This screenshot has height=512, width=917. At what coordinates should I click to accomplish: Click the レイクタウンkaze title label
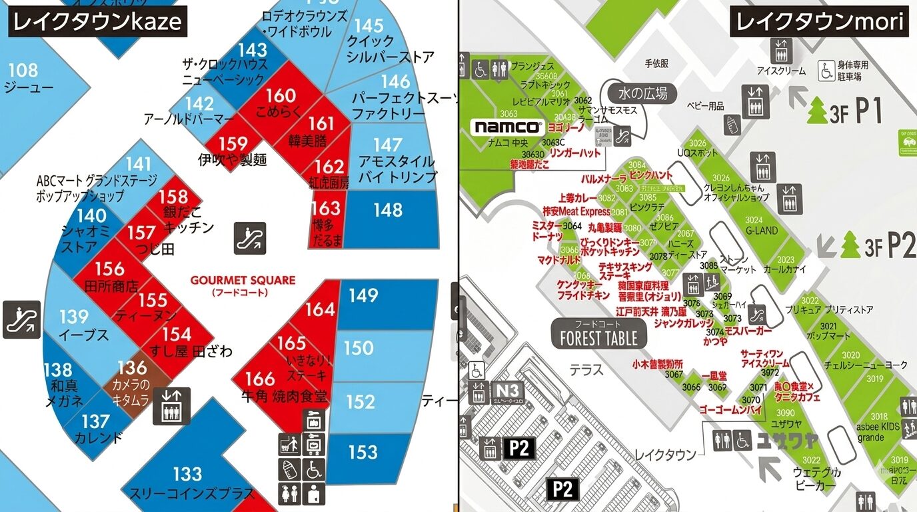click(x=97, y=21)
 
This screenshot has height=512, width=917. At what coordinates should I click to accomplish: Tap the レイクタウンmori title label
click(x=820, y=21)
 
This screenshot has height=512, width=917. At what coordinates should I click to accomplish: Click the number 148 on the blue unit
click(x=388, y=210)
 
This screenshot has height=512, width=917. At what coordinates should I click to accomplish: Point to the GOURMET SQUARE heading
click(x=243, y=281)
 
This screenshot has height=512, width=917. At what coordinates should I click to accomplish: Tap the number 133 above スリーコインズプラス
click(x=187, y=474)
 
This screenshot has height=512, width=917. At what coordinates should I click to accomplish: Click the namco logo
click(x=506, y=127)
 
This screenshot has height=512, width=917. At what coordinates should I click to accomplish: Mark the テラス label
click(x=586, y=369)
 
